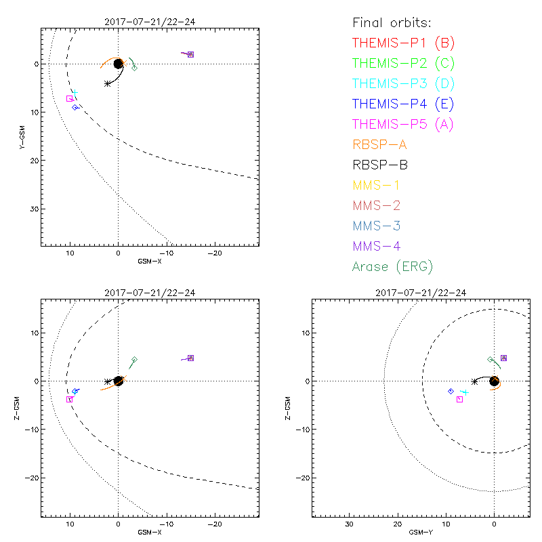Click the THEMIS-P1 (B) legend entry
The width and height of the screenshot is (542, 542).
coord(403,43)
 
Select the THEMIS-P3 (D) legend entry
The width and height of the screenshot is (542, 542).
coord(403,83)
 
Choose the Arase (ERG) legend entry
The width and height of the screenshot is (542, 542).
coord(392,266)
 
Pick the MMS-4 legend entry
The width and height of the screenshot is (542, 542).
coord(380,246)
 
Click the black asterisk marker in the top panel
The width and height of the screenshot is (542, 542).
coord(108,83)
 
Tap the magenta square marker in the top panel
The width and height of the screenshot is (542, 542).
coord(69,99)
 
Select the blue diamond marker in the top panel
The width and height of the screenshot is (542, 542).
coord(75,107)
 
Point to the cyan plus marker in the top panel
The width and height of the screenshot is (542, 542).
coord(75,92)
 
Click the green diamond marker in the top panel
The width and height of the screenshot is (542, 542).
coord(134,68)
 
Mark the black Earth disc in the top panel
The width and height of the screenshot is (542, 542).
coord(118,64)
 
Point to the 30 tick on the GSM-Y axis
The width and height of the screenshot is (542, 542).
coord(349,524)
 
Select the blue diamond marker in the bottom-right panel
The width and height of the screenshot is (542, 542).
coord(451,392)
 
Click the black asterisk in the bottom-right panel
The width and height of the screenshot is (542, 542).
coord(474,381)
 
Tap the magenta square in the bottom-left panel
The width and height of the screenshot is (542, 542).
coord(69,400)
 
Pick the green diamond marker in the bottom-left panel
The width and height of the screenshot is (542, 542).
coord(135,359)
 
